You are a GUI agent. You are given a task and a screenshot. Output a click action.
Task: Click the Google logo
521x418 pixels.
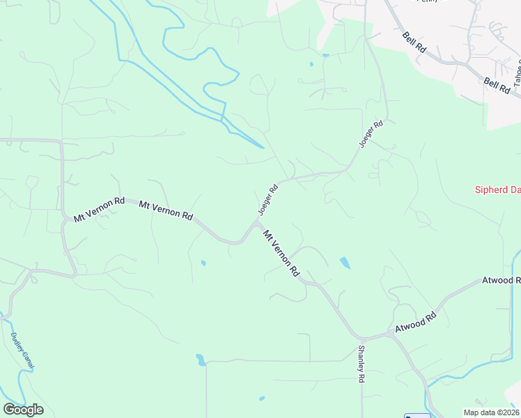coord(23,409)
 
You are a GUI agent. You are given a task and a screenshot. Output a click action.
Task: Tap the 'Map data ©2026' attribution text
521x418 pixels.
coord(490,412)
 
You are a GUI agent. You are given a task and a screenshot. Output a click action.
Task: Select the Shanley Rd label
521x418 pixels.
coord(361,364)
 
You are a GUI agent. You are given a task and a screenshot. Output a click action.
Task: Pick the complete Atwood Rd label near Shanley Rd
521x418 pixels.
coord(415,322)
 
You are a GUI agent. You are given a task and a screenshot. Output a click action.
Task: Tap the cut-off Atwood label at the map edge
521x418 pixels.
coord(501,281)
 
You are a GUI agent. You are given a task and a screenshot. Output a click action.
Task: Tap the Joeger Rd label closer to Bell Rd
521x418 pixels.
coord(371,134)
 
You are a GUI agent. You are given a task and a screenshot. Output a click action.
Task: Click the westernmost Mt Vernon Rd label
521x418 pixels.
coord(99,210)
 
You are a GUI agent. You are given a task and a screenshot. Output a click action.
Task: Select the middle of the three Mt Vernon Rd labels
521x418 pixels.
coord(166,210)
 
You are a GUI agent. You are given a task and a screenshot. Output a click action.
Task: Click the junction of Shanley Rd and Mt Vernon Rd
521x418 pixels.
coord(361,339)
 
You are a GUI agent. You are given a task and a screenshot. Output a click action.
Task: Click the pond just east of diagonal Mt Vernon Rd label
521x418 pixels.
coord(345,263)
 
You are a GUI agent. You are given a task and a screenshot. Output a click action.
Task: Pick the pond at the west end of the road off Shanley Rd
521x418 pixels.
coord(201,360)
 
